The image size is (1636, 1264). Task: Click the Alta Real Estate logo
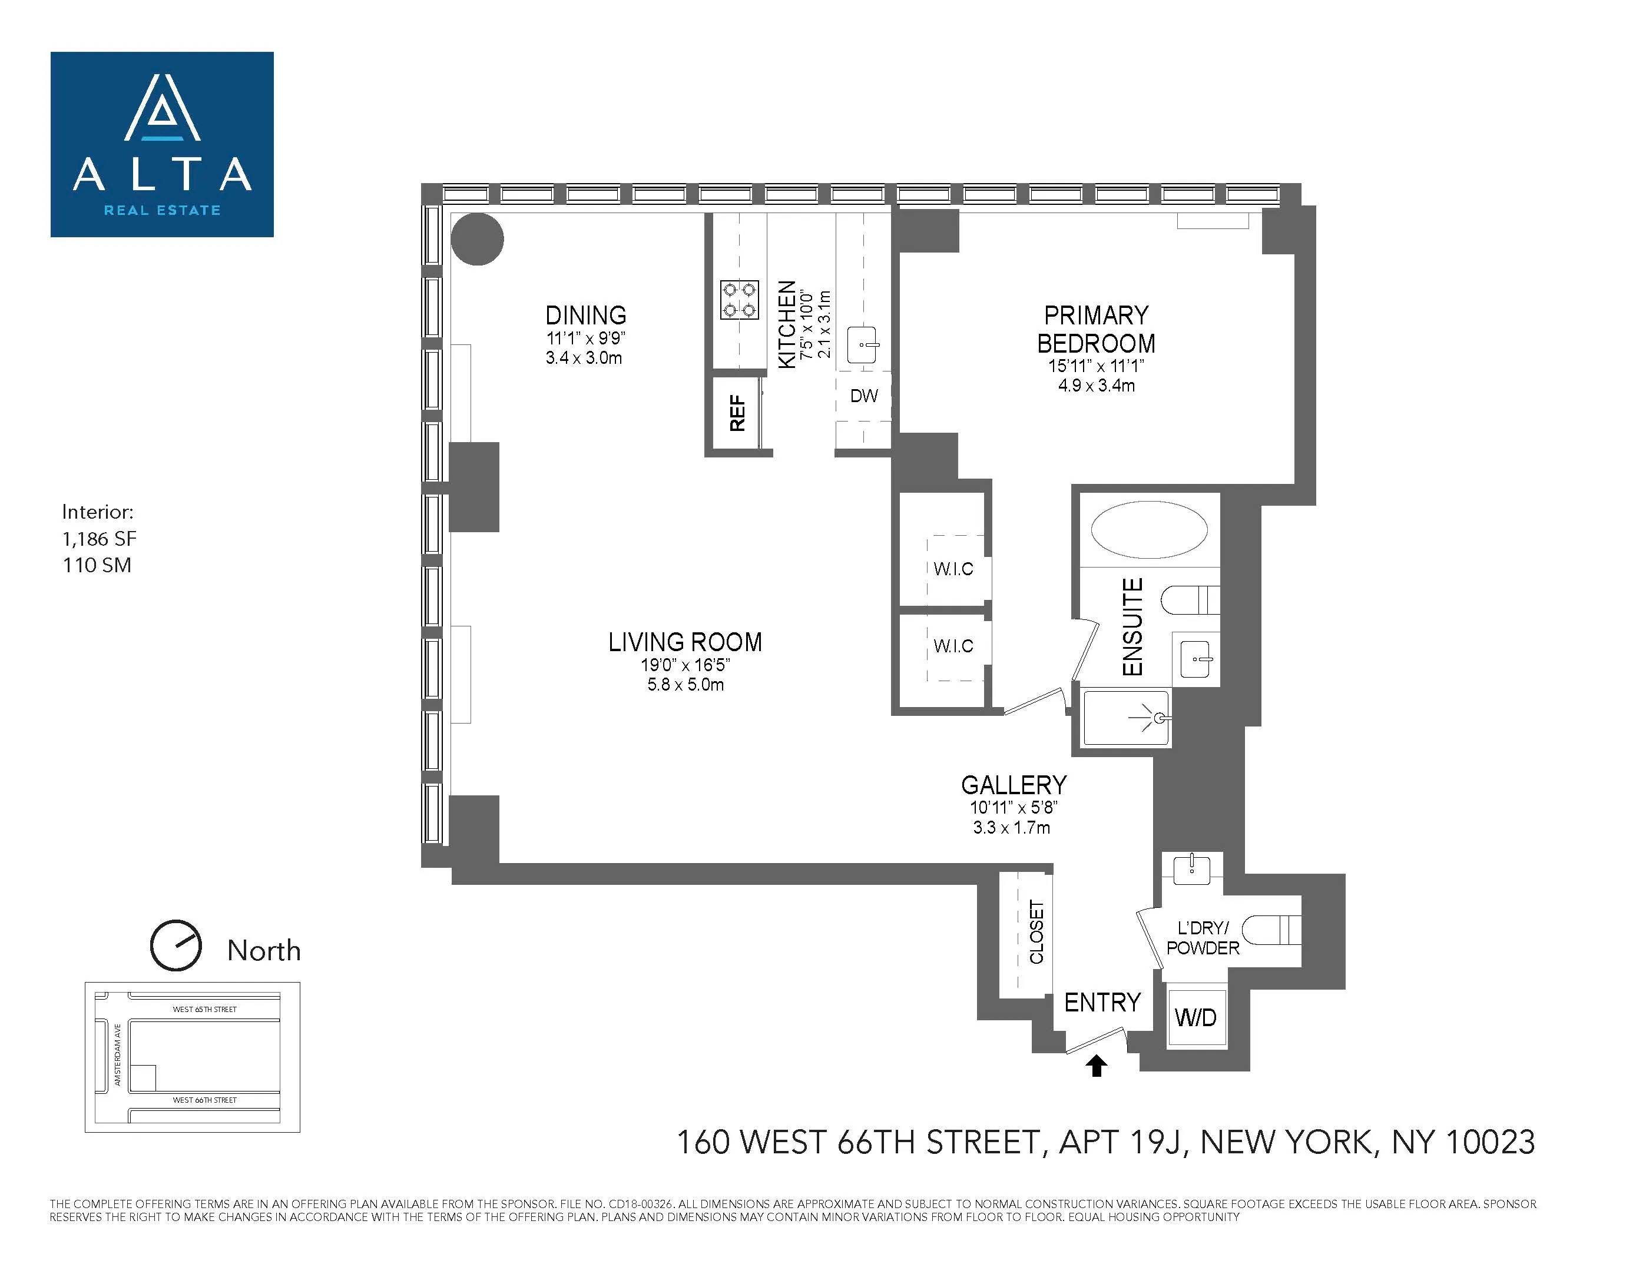coord(162,144)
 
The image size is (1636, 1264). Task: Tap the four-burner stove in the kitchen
coord(739,300)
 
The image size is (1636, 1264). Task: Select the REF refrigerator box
coord(737,413)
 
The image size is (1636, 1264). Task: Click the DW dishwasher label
coord(864,396)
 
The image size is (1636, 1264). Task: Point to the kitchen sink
coord(862,344)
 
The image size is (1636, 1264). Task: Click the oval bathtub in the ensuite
coord(1148,529)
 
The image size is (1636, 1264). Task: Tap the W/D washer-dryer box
coord(1195,1018)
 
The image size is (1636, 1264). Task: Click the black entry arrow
coord(1097,1066)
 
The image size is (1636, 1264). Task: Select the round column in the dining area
coord(477,239)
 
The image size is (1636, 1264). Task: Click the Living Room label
coord(685,642)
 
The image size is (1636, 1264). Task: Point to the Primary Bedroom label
coord(1096,330)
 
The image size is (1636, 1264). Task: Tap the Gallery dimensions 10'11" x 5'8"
coord(1013,808)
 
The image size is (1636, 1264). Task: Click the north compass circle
coord(176,945)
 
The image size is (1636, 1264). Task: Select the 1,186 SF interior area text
coord(100,539)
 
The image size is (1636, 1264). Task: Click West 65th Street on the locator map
coord(204,1010)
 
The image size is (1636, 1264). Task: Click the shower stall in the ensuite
coord(1126,718)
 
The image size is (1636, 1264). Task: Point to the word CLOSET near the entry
coord(1036,933)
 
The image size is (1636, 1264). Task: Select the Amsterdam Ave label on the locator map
coord(118,1055)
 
